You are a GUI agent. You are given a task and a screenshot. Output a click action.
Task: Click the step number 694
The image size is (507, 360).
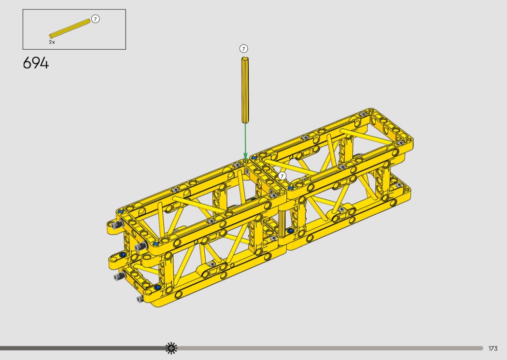[36, 63]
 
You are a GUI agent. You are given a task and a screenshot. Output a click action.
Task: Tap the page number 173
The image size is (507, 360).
[493, 348]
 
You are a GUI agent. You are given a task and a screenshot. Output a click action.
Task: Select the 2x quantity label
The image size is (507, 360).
[52, 42]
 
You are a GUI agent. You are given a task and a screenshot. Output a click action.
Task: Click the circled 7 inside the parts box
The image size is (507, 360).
[95, 19]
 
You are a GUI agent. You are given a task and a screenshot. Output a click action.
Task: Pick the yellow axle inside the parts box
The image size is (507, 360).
[70, 28]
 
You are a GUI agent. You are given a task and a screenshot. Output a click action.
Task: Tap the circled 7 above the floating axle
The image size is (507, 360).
[243, 48]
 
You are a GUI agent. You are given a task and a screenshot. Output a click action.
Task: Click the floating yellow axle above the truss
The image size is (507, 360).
[245, 90]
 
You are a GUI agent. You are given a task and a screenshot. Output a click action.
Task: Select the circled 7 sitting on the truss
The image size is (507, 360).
[282, 176]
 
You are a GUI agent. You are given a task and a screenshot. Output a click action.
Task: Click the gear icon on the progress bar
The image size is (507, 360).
[171, 348]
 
